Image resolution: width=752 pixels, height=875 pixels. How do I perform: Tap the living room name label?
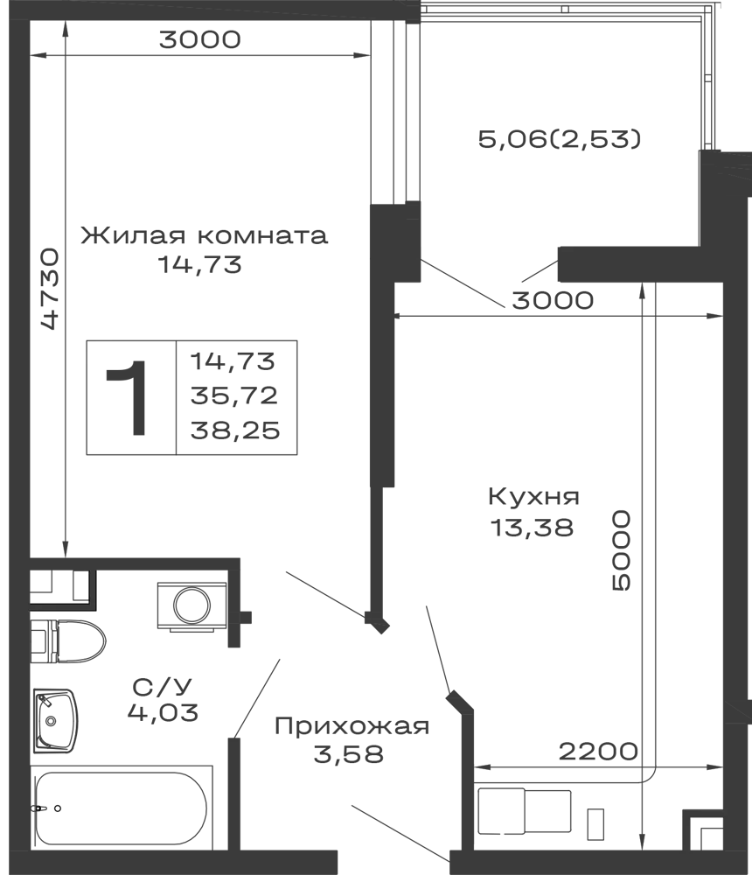coord(202,234)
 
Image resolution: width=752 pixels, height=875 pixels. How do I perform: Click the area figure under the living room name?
coord(198,262)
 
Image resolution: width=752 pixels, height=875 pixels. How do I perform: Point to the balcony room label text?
coord(560,140)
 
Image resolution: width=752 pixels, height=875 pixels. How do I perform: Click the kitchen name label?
coord(532,499)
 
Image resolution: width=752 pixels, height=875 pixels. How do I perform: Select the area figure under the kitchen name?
coord(532,528)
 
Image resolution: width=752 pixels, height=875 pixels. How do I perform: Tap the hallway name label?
coord(353,725)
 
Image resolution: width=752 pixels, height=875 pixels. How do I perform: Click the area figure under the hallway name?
coord(347,755)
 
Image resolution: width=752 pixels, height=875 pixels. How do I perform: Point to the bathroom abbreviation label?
coord(164,682)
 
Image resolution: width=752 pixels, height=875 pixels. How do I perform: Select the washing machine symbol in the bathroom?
coord(191,606)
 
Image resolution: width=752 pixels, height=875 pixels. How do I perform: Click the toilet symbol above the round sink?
coord(74,641)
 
